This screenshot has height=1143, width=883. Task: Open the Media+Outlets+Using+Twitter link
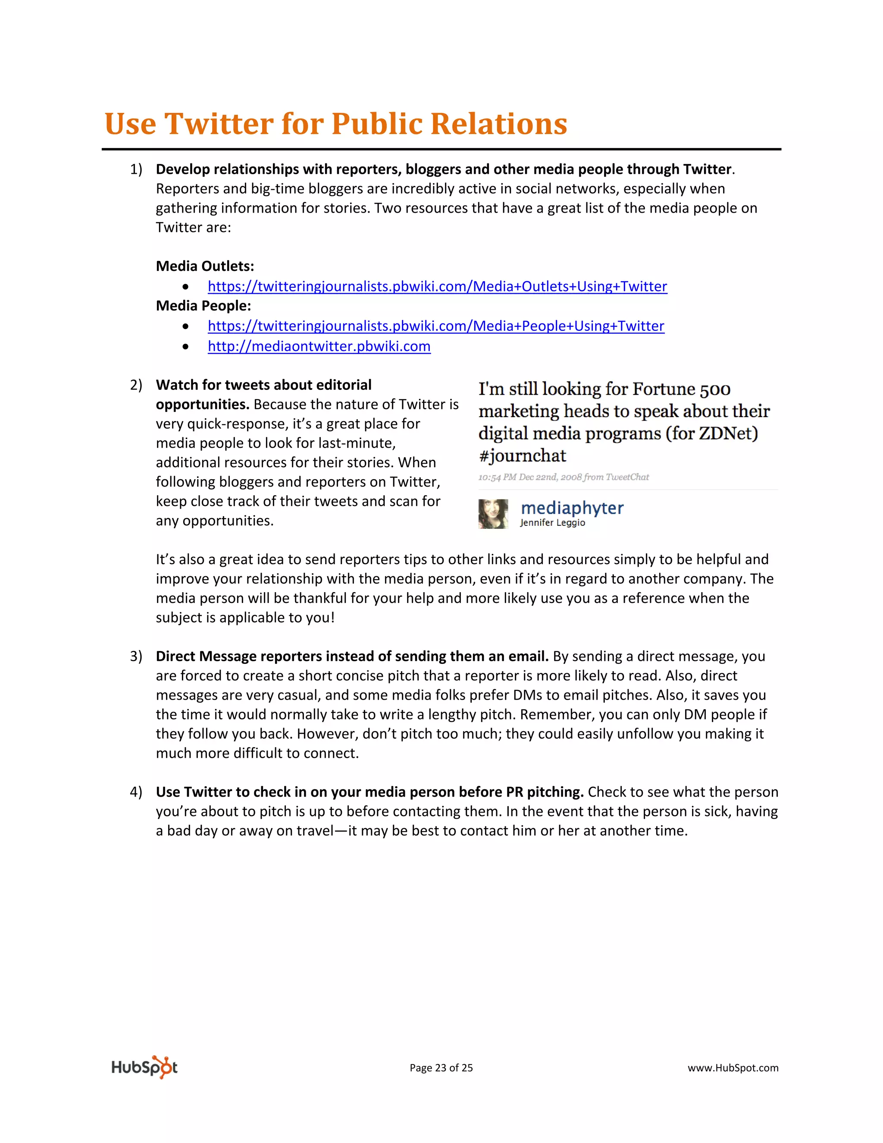pos(437,286)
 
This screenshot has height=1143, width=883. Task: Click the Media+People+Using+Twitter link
pos(436,326)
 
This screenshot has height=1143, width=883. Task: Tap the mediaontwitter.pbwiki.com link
pos(319,346)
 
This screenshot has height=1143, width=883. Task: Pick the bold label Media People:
pos(204,306)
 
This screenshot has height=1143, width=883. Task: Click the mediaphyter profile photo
pos(493,514)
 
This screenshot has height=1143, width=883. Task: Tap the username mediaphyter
pos(572,508)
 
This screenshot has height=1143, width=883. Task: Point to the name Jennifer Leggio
pos(552,523)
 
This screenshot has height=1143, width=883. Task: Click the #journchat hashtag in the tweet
pos(522,456)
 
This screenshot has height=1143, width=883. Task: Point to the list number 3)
pos(136,656)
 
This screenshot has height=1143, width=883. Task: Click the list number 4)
pos(136,792)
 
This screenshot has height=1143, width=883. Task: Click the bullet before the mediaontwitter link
pos(186,346)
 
